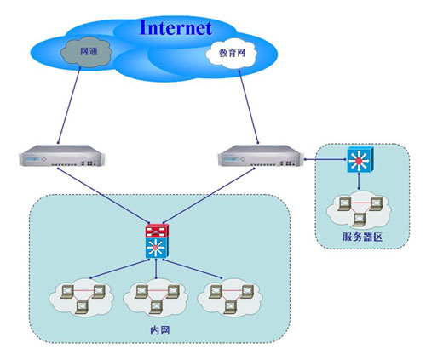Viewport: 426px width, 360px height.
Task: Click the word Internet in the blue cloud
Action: pos(176,28)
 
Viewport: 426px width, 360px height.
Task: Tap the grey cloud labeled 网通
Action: pos(86,52)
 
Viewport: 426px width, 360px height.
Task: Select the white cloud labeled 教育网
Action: pos(231,54)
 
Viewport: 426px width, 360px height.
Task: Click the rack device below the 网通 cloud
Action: pos(61,156)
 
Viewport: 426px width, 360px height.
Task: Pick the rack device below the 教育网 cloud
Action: pos(261,156)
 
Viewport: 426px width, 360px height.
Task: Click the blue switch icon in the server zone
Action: pos(360,160)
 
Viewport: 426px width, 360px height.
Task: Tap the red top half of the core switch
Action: pos(157,231)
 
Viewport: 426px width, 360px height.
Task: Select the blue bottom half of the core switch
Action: pos(157,248)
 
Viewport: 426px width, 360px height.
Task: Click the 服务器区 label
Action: pos(362,237)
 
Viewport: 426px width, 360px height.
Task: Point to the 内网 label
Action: pos(160,330)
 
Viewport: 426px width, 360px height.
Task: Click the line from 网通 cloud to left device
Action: pos(69,106)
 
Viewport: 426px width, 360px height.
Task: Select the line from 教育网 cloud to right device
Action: pos(249,107)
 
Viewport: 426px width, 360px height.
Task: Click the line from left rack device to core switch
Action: pos(103,195)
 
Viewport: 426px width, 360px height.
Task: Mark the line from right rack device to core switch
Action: pos(209,195)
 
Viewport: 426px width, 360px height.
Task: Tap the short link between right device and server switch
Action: pos(325,159)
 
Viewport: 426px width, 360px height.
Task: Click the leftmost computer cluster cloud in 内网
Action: pos(82,297)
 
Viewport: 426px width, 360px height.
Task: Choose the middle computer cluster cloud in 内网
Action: pos(156,297)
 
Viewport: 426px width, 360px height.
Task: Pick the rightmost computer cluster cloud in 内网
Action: pos(230,297)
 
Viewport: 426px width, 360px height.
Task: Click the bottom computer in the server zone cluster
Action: pos(359,220)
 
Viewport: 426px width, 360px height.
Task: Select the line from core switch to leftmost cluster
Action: pos(119,268)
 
